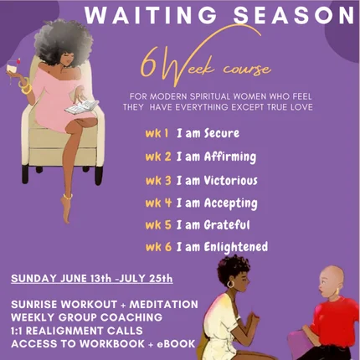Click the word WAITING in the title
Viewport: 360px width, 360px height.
pos(151,15)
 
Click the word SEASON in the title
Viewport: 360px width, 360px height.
pos(295,15)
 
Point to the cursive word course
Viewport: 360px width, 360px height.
pos(247,69)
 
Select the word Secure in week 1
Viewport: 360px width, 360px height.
pos(222,133)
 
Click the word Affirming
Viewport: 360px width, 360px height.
pos(230,157)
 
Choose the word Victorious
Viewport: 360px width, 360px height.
pos(231,180)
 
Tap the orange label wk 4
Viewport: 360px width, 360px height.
pos(158,203)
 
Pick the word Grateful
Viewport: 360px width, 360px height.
pos(227,225)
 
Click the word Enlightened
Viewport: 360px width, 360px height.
pos(236,247)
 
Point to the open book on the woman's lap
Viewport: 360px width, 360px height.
pos(82,107)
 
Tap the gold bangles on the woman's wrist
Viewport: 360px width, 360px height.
pos(25,86)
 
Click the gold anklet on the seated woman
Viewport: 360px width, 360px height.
pos(68,197)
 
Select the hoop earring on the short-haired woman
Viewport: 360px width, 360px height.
pos(230,284)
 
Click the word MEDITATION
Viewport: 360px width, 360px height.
pos(164,304)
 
